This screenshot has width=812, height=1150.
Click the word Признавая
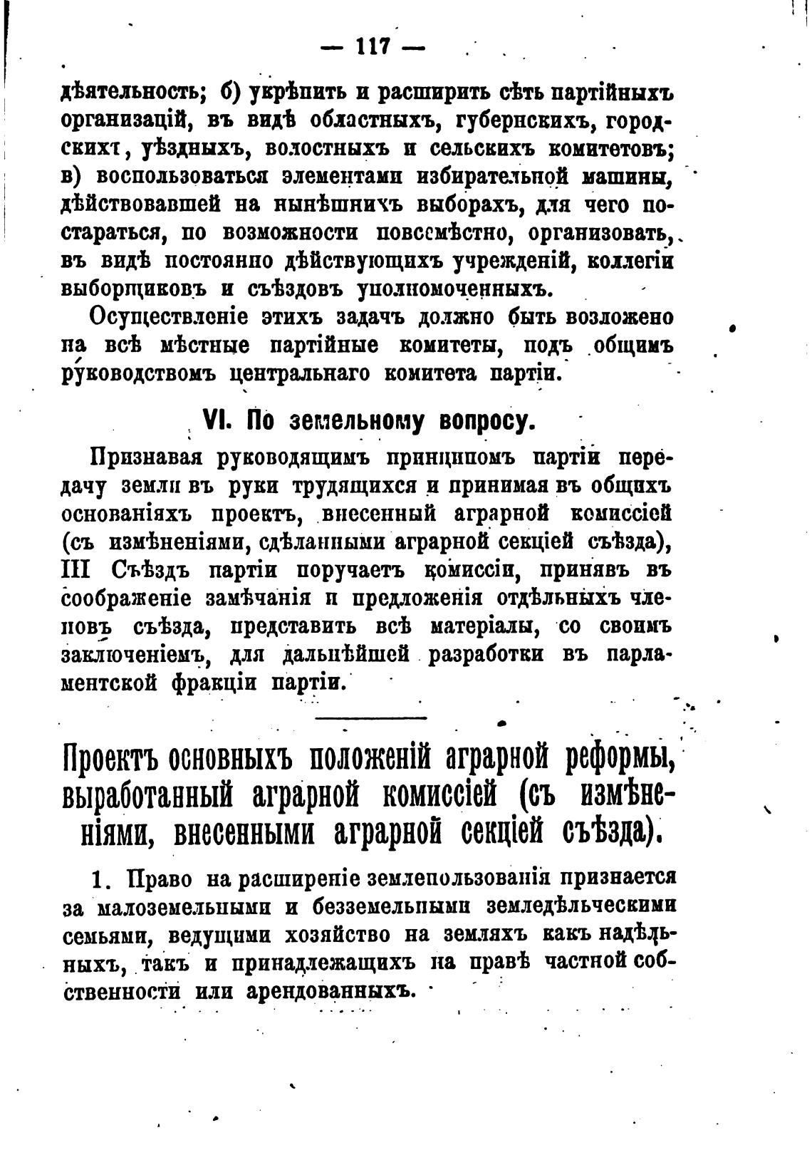pos(147,457)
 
